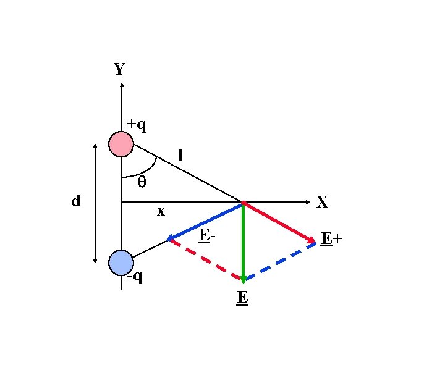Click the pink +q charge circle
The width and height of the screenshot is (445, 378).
point(121,144)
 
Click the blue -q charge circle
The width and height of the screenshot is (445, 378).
point(121,262)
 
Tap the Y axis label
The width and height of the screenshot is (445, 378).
point(120,69)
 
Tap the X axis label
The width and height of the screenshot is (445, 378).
point(322,202)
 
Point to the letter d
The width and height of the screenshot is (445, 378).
point(76,201)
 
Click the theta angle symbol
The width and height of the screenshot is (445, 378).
point(142,182)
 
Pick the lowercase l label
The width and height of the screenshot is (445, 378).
point(180,156)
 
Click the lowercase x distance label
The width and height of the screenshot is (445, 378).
point(161,211)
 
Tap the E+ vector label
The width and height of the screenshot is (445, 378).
point(331,238)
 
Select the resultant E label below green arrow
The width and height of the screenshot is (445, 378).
point(242,298)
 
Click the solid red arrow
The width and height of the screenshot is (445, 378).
point(279,222)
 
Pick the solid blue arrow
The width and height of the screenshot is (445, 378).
point(206,220)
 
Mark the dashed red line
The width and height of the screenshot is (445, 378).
point(205,259)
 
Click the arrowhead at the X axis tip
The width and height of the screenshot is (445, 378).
point(307,202)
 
